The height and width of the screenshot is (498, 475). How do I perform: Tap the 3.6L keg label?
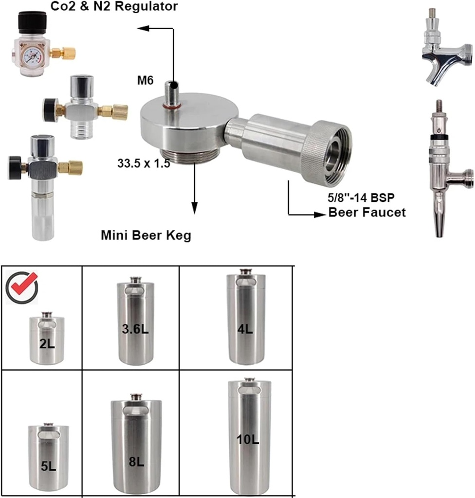(135, 329)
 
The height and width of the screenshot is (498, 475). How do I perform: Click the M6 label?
(145, 80)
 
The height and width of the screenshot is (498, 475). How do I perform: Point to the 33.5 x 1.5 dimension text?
(143, 164)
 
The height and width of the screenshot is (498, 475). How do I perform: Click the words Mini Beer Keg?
(146, 236)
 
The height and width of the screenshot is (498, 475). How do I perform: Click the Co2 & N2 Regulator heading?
(114, 6)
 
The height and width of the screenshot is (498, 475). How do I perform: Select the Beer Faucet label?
(367, 213)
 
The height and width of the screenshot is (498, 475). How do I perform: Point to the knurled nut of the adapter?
(324, 151)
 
